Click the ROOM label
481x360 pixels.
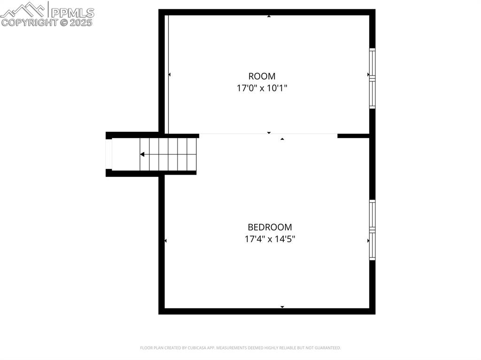(x=262, y=76)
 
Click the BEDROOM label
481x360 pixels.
(x=270, y=227)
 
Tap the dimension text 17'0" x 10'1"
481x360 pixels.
(x=262, y=88)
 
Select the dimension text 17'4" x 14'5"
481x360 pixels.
(x=270, y=239)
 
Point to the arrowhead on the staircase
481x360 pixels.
(x=142, y=154)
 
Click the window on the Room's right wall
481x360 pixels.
(x=372, y=78)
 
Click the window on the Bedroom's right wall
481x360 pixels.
(x=372, y=230)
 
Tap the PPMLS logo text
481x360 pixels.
(x=72, y=13)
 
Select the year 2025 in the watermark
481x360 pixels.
(x=82, y=22)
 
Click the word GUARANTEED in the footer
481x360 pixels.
(x=328, y=348)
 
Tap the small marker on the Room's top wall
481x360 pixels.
(x=269, y=16)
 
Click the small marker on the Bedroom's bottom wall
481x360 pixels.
(x=282, y=307)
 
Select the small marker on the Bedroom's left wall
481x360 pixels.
(x=165, y=241)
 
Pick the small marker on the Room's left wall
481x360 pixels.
(x=169, y=75)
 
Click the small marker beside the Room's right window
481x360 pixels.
(x=368, y=75)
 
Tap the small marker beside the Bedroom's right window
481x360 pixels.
(x=368, y=241)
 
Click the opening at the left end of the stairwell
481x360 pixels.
(x=109, y=154)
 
